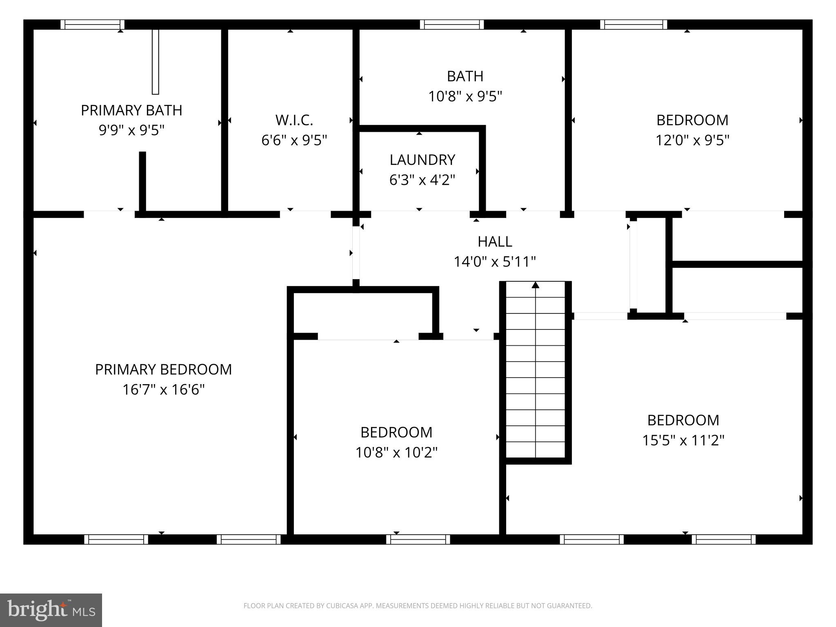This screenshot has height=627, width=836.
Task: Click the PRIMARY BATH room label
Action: point(131,110)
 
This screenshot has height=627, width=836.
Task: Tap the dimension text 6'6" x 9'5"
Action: point(294,140)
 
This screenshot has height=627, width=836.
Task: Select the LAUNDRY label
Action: point(422,160)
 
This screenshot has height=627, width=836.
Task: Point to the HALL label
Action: point(495,241)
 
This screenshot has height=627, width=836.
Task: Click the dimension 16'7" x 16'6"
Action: point(163,389)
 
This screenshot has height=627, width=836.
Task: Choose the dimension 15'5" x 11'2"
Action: point(683,440)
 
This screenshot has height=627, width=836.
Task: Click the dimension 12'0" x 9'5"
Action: point(692,140)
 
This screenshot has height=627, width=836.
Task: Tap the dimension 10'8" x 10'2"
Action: point(396,452)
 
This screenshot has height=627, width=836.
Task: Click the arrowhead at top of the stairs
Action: point(535,285)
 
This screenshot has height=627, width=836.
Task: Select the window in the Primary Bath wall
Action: point(93,24)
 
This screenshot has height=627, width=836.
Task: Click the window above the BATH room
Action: point(452,24)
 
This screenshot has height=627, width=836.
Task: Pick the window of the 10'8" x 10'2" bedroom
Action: point(418,539)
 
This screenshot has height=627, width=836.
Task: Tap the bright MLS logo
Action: point(51,610)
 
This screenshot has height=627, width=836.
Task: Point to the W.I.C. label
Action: point(294,120)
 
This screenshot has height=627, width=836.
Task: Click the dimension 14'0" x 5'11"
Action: point(495,261)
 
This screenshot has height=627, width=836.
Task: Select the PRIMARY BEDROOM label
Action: point(163,369)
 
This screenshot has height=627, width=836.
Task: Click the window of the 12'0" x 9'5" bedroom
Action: point(634,24)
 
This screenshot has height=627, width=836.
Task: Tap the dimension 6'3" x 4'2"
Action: point(422,180)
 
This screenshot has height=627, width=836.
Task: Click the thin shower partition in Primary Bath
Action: point(155,61)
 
